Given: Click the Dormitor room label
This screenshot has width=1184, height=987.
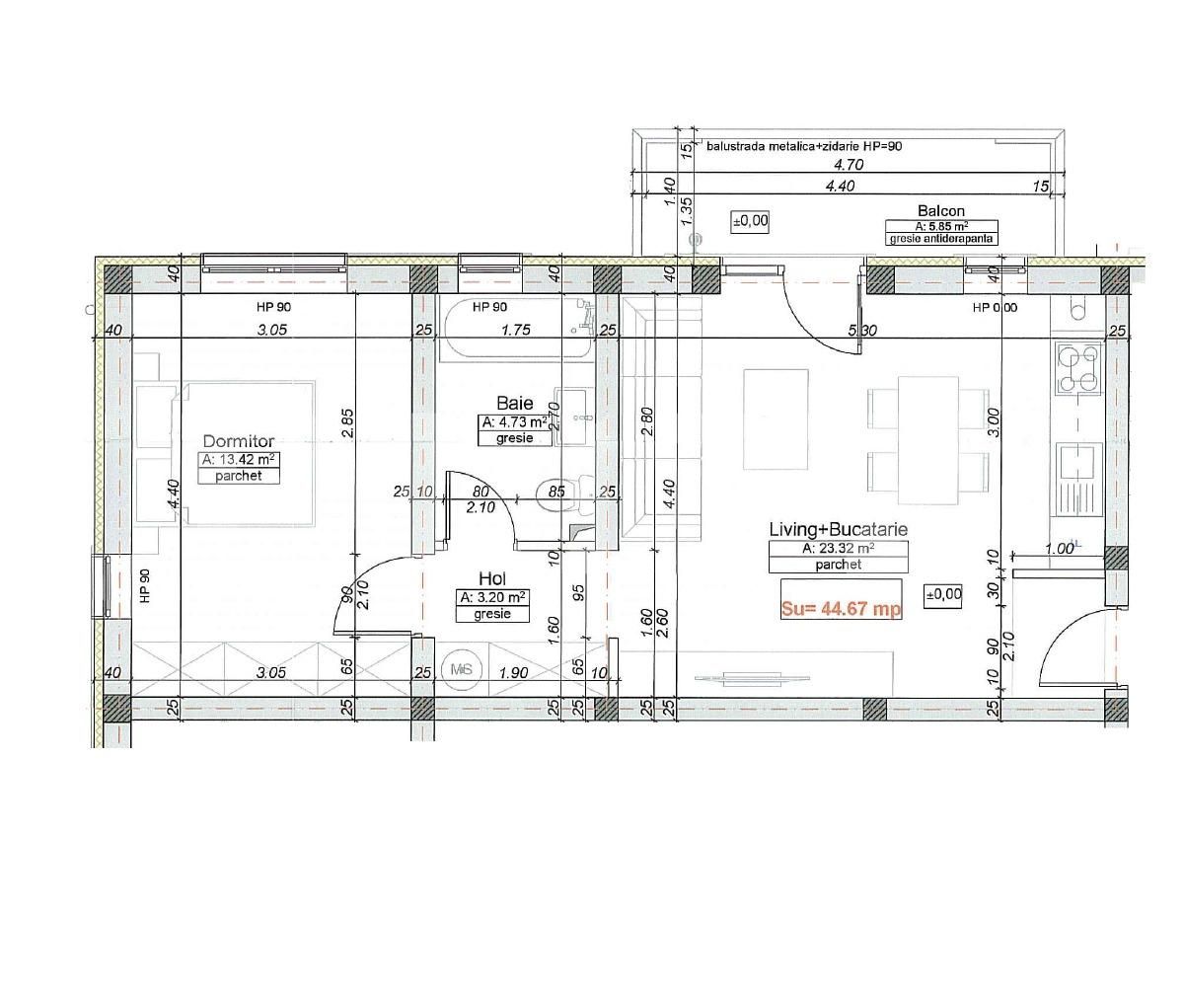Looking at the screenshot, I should point(238,441).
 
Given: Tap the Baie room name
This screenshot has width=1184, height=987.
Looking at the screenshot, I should point(514,403).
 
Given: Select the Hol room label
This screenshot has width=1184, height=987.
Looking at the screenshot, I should point(492,578).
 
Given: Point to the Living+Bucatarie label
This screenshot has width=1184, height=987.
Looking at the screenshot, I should point(838,529).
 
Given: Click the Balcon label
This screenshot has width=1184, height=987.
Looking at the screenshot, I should point(940,210).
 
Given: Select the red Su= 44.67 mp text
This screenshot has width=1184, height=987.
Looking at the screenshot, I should point(841,609).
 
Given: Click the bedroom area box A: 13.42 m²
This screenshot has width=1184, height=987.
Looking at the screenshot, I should point(238,459).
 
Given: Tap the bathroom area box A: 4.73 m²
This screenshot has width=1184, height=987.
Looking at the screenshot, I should point(514,421).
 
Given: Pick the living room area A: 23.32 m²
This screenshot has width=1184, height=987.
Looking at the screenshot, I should point(838,548).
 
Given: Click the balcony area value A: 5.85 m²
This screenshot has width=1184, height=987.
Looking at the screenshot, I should point(940,226).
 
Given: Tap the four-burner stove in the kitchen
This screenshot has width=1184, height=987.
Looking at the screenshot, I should point(1078,368).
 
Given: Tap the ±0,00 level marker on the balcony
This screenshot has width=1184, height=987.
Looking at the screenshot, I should point(750,221).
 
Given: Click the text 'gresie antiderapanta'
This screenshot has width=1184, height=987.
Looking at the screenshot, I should point(941,239).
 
